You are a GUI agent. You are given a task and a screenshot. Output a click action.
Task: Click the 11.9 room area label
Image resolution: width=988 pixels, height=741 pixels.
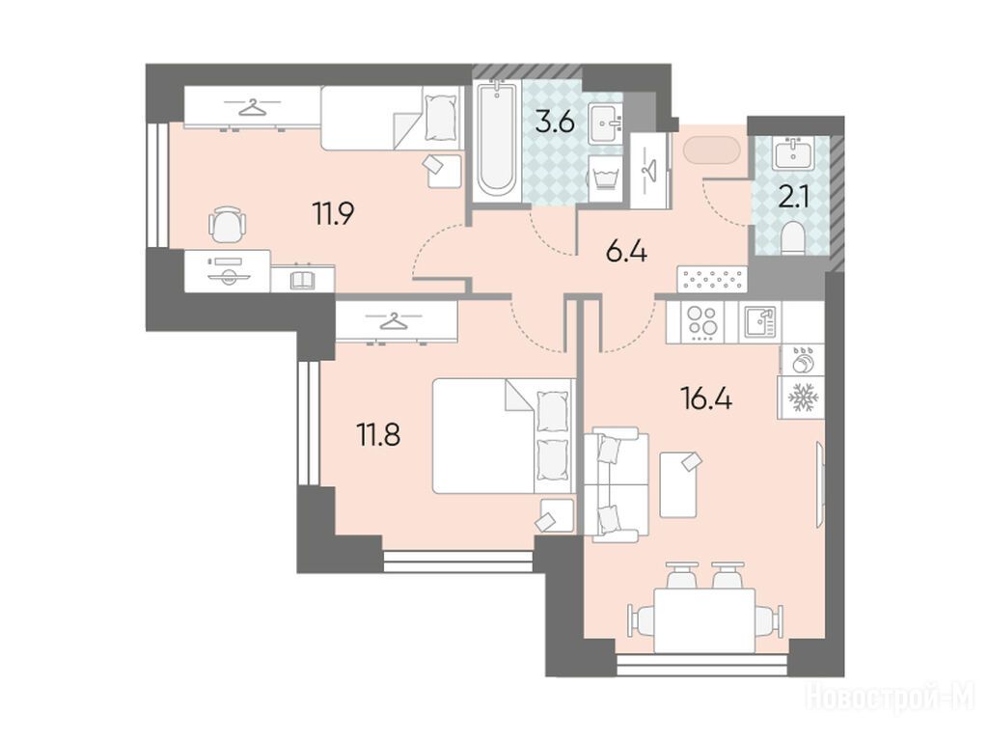click(x=333, y=213)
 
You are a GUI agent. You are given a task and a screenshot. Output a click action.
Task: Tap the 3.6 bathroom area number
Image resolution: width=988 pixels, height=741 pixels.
click(x=555, y=122)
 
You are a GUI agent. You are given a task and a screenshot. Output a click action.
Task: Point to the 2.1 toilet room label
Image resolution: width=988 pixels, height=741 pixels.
click(x=796, y=197)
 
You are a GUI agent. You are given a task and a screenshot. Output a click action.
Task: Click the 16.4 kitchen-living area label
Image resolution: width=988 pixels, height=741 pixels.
click(x=706, y=398)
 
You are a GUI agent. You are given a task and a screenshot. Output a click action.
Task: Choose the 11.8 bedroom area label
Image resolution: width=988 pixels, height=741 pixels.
click(x=379, y=434)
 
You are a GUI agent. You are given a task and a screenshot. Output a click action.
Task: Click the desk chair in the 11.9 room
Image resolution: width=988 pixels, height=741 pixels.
click(x=226, y=224)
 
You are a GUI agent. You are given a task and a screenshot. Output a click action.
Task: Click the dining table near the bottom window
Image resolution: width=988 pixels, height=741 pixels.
click(x=704, y=620)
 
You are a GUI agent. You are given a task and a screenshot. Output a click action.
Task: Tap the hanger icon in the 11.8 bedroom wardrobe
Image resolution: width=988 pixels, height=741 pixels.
click(x=393, y=321)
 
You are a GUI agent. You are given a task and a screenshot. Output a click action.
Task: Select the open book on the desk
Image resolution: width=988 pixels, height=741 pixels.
click(x=304, y=280)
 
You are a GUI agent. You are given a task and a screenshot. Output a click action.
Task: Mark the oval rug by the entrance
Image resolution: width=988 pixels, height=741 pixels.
click(x=711, y=151)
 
